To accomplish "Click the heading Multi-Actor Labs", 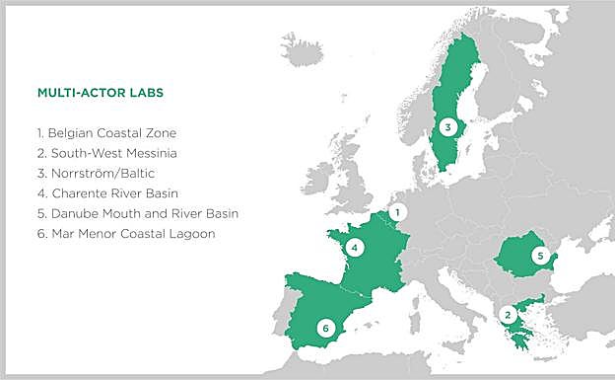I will coord(100,94).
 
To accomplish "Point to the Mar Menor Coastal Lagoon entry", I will coord(123,234).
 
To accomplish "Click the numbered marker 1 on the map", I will coord(397,211).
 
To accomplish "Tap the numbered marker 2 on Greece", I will coord(508,315).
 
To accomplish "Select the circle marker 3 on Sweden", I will coord(447,126).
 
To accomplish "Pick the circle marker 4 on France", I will coord(353,248).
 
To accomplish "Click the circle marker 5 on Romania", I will coord(537,256).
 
